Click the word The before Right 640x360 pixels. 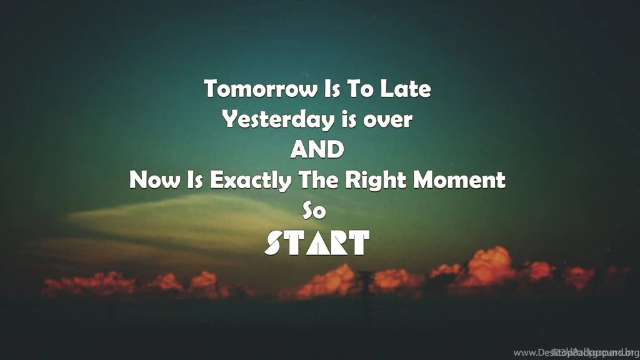[x=319, y=181]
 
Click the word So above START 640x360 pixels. [x=314, y=211]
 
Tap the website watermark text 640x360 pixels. [x=574, y=352]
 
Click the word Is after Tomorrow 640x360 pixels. [x=330, y=89]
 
